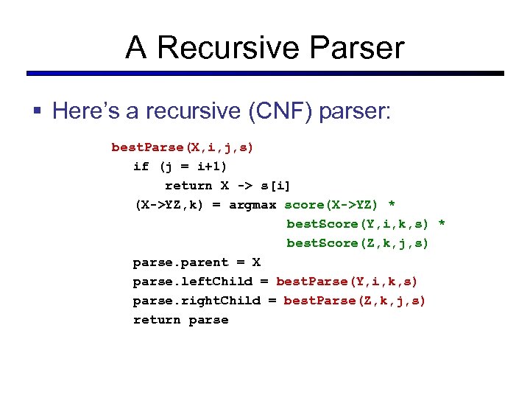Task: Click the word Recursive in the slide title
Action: pyautogui.click(x=225, y=48)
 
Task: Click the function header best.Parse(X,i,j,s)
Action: pyautogui.click(x=182, y=147)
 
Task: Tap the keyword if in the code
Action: pyautogui.click(x=141, y=167)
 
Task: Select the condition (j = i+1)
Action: pyautogui.click(x=193, y=167)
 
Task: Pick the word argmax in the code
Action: pyautogui.click(x=252, y=205)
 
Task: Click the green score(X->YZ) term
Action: pyautogui.click(x=332, y=205)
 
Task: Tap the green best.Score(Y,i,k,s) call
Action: pyautogui.click(x=358, y=224)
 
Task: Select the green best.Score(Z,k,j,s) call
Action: pyautogui.click(x=358, y=243)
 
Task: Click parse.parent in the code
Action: pyautogui.click(x=180, y=262)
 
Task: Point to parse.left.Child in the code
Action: pyautogui.click(x=192, y=282)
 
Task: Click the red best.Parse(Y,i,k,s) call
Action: pyautogui.click(x=347, y=282)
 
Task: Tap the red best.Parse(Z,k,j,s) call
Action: pyautogui.click(x=355, y=301)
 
